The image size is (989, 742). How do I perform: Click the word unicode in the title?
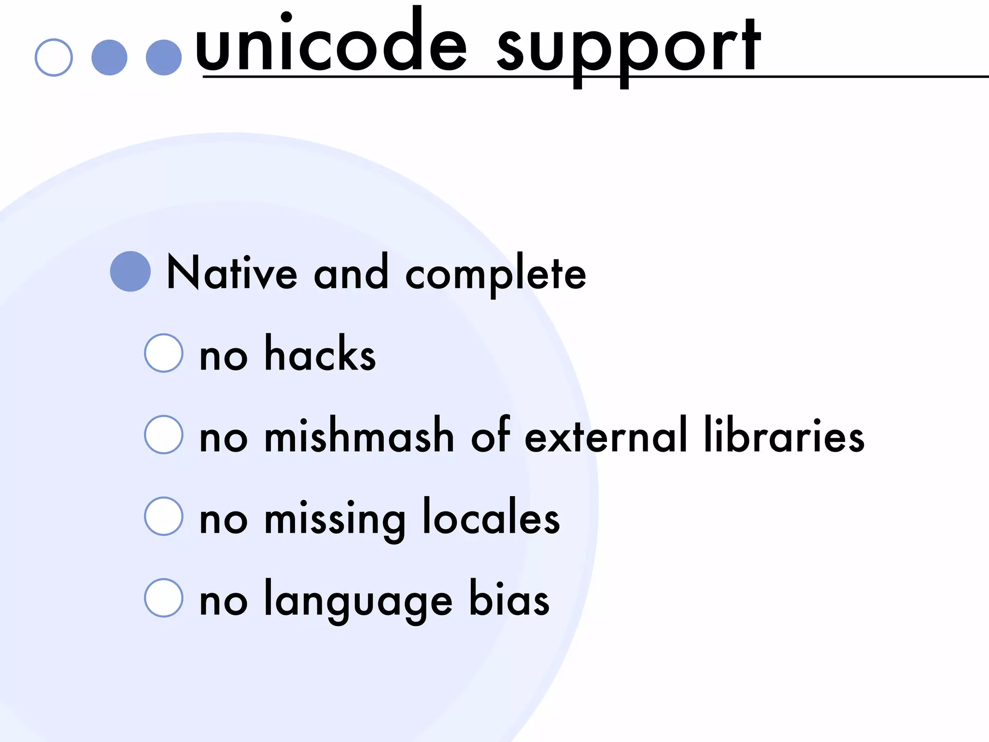[x=331, y=46]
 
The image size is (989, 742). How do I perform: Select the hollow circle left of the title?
[x=54, y=57]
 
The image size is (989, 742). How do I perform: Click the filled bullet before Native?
[x=130, y=271]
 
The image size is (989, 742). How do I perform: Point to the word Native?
[x=232, y=273]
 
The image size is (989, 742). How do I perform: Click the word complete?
[x=495, y=275]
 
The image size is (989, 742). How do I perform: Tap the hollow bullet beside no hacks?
[x=164, y=353]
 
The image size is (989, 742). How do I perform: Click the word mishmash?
[x=359, y=436]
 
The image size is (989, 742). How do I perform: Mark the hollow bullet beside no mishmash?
[x=164, y=435]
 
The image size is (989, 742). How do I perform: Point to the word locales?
[x=491, y=517]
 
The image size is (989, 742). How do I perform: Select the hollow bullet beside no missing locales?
[x=164, y=516]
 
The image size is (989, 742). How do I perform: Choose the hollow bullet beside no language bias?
[x=164, y=598]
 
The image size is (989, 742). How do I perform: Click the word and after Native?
[x=351, y=273]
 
